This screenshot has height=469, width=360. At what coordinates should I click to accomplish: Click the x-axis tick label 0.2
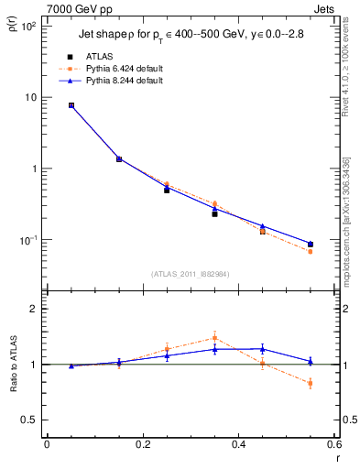(x=142, y=444)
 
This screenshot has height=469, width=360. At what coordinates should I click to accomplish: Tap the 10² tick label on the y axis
(x=27, y=26)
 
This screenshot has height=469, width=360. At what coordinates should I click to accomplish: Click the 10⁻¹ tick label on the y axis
(x=27, y=240)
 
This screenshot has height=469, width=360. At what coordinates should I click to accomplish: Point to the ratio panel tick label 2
(x=33, y=310)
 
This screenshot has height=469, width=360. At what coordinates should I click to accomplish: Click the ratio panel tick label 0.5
(x=29, y=420)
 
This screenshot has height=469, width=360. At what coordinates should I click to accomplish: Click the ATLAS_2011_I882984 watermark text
(x=191, y=273)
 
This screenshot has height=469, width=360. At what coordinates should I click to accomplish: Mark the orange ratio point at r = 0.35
(x=214, y=337)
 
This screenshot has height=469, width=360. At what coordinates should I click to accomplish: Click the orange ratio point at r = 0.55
(x=311, y=383)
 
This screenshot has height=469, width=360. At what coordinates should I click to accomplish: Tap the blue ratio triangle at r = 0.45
(x=263, y=348)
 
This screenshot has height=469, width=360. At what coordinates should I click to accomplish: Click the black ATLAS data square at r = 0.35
(x=214, y=213)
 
